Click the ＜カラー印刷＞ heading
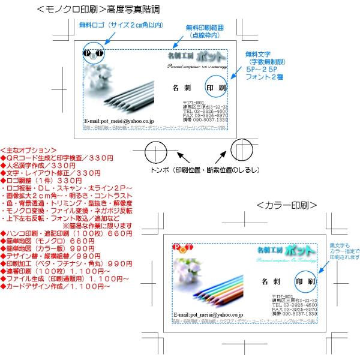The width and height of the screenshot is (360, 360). tap(286, 205)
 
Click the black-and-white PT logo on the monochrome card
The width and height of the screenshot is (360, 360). tap(94, 53)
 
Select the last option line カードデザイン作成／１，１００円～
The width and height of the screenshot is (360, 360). tap(58, 286)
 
